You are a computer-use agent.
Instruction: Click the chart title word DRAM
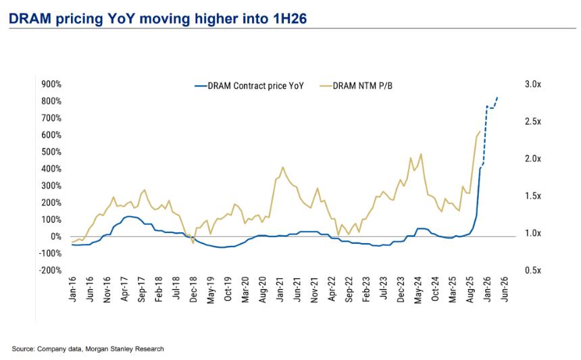coord(29,20)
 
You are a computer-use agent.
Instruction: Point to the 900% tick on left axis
coord(52,84)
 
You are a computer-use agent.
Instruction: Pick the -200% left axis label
coord(51,270)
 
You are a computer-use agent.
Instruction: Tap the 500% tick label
coord(52,152)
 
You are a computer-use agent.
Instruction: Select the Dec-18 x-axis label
coord(194,288)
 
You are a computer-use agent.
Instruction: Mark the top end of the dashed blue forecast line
coord(498,97)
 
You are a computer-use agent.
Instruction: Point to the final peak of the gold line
coord(480,132)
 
